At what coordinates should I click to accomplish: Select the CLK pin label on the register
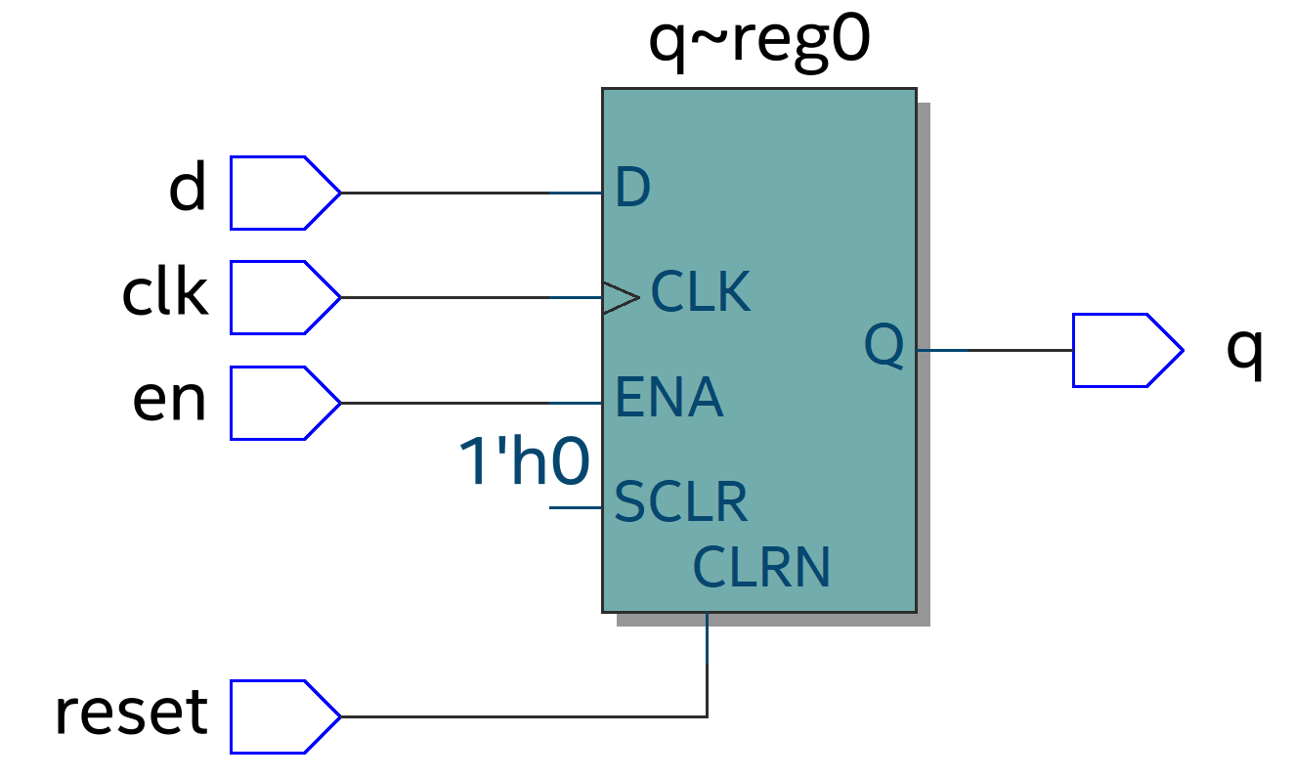[x=700, y=292]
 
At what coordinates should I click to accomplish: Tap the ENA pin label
[x=668, y=398]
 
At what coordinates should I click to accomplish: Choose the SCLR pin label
[x=680, y=502]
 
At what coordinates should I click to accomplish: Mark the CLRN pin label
[x=761, y=567]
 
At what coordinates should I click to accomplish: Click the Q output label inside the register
[x=884, y=346]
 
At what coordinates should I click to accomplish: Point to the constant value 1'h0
[x=524, y=461]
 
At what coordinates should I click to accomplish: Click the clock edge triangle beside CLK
[x=620, y=297]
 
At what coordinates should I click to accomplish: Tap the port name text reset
[x=131, y=713]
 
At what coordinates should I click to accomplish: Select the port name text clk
[x=165, y=293]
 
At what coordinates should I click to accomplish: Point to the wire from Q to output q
[x=994, y=350]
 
